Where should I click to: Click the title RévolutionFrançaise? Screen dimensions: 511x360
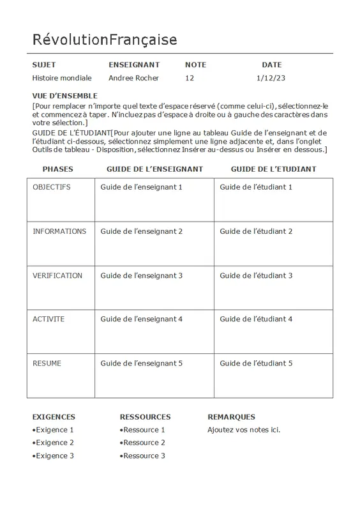(x=105, y=40)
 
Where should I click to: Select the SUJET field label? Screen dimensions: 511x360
(x=44, y=65)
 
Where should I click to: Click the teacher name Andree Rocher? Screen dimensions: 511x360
(x=133, y=78)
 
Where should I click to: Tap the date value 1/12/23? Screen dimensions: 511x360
(x=270, y=78)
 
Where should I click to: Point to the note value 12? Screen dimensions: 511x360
(x=189, y=78)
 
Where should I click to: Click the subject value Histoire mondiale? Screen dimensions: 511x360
(x=62, y=78)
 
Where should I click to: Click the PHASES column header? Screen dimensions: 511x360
(x=57, y=169)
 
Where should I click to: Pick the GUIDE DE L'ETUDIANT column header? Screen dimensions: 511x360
(x=273, y=169)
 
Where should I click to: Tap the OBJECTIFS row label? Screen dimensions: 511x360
(x=52, y=187)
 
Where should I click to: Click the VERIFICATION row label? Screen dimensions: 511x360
(x=57, y=275)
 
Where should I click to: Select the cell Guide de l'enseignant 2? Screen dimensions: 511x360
(x=141, y=231)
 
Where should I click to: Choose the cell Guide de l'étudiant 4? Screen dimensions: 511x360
(x=256, y=319)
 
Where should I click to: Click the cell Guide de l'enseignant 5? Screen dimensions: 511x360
(x=141, y=363)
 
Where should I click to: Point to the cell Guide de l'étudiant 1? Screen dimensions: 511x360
(x=256, y=187)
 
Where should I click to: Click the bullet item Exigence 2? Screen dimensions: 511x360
(x=54, y=443)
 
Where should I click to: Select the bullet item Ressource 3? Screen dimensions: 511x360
(x=144, y=456)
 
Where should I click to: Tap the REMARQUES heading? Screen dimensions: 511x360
(x=231, y=416)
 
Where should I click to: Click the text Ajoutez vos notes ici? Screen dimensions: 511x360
(x=244, y=430)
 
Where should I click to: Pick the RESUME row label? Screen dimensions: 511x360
(x=47, y=363)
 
